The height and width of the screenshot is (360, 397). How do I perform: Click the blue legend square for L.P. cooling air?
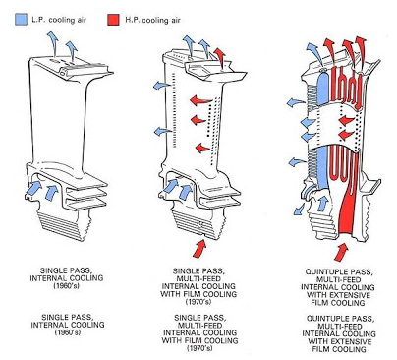tap(21, 20)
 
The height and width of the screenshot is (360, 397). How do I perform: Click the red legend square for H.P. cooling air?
tap(113, 20)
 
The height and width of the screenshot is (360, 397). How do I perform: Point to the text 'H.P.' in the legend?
tap(132, 20)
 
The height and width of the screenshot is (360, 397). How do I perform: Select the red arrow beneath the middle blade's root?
tap(199, 248)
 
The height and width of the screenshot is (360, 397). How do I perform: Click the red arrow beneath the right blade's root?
tap(341, 252)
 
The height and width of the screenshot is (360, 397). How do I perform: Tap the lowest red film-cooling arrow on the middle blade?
tap(202, 148)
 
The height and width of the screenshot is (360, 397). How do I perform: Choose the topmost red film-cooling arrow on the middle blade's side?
tap(200, 99)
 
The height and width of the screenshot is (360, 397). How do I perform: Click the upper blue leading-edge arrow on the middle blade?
tap(162, 86)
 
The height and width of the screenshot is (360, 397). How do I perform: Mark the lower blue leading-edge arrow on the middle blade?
tap(162, 131)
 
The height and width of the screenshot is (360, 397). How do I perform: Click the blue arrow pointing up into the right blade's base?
tap(321, 203)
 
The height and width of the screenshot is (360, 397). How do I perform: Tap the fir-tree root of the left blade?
tap(64, 225)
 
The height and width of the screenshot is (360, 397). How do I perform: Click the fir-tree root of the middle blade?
tap(198, 224)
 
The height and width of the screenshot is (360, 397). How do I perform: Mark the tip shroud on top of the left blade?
tap(71, 67)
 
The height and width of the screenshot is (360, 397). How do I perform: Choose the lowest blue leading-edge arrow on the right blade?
tap(297, 161)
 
